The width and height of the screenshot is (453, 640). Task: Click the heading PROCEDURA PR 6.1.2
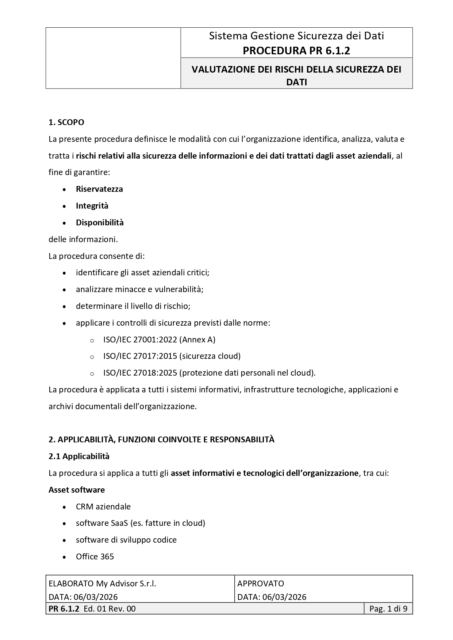pyautogui.click(x=296, y=51)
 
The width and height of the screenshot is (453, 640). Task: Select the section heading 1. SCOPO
pyautogui.click(x=66, y=122)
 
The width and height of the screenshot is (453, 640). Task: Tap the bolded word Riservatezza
pyautogui.click(x=99, y=189)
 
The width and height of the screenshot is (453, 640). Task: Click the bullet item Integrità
pyautogui.click(x=92, y=206)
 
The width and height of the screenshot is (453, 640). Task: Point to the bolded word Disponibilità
pyautogui.click(x=100, y=222)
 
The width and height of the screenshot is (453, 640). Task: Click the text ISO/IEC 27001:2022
pyautogui.click(x=140, y=340)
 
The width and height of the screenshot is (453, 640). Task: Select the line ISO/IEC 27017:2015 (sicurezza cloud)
pyautogui.click(x=172, y=356)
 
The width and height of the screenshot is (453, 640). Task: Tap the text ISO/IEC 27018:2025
pyautogui.click(x=140, y=373)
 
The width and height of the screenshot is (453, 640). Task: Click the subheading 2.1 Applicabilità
pyautogui.click(x=79, y=456)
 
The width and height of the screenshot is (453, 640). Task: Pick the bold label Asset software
pyautogui.click(x=77, y=490)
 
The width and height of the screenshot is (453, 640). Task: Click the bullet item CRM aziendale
pyautogui.click(x=103, y=507)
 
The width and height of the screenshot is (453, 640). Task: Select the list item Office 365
pyautogui.click(x=95, y=556)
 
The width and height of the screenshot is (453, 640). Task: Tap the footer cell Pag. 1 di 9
pyautogui.click(x=388, y=609)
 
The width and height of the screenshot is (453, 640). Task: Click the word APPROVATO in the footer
pyautogui.click(x=261, y=583)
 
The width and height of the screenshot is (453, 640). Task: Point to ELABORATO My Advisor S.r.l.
pyautogui.click(x=102, y=583)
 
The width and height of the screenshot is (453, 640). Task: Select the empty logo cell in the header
pyautogui.click(x=113, y=58)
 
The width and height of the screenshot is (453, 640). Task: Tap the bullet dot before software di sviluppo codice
pyautogui.click(x=65, y=540)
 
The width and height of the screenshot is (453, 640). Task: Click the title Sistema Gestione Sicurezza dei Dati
pyautogui.click(x=296, y=36)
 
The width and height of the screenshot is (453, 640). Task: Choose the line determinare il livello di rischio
pyautogui.click(x=133, y=306)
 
